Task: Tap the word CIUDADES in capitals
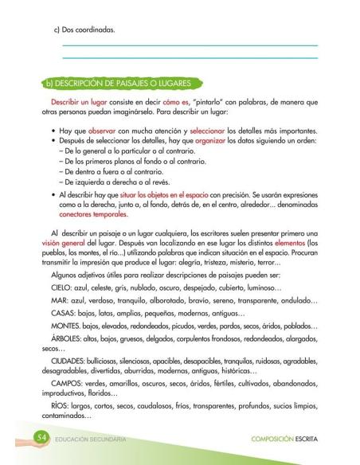click(72, 377)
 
